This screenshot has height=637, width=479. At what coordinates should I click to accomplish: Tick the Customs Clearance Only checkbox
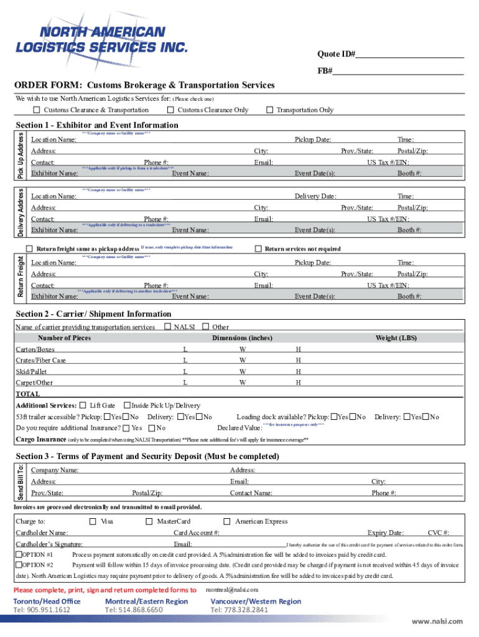pos(172,110)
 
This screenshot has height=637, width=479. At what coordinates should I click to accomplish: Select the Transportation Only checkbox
pos(269,110)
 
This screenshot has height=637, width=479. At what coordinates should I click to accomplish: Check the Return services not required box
pos(259,249)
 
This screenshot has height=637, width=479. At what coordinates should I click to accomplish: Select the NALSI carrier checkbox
pos(167,327)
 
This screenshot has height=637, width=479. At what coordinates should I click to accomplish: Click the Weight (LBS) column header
pos(396,338)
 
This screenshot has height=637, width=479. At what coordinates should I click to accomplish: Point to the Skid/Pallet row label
pos(31,371)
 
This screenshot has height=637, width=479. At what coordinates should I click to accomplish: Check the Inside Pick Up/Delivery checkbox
pos(127,406)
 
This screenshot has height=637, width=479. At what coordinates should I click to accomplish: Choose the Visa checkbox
pos(93,521)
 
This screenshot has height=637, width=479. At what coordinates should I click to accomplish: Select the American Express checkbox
pos(227,521)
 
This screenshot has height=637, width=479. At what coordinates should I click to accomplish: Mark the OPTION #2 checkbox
pos(19,565)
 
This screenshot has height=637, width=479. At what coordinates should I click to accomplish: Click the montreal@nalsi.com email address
pos(231,590)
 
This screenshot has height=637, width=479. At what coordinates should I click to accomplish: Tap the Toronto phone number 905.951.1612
pos(42,610)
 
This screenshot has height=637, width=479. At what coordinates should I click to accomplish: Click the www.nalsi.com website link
pos(437,621)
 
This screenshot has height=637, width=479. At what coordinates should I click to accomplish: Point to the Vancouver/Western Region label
pos(256,601)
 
